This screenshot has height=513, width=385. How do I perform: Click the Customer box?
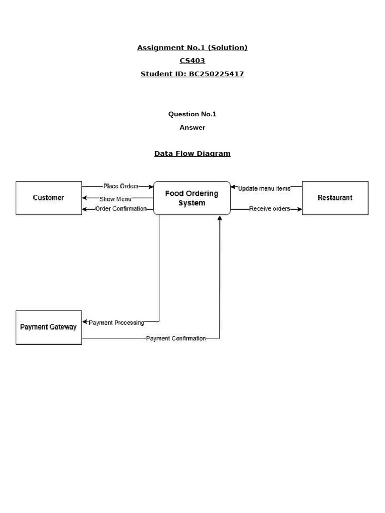49,198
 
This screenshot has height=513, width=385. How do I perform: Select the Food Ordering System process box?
192,198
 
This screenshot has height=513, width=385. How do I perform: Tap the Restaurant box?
335,198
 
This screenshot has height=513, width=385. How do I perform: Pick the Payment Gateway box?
49,327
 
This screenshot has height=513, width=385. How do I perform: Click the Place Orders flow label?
121,186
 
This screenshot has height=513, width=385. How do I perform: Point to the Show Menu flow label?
115,199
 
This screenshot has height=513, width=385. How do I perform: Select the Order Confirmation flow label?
121,209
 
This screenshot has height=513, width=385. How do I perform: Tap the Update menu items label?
264,188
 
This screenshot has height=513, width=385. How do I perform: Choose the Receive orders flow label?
269,209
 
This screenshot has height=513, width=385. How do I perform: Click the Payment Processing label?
116,323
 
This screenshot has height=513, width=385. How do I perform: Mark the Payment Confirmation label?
176,339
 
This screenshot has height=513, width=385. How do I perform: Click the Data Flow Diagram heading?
192,154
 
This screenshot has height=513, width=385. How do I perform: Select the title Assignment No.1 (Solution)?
192,48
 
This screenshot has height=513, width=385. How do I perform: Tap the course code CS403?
192,61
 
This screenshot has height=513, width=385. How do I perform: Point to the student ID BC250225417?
216,74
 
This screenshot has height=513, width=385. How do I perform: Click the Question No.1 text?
192,114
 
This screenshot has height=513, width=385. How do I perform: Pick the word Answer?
192,128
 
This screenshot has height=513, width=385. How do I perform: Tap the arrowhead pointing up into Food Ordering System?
220,218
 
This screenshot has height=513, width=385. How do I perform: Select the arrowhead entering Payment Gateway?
85,322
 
